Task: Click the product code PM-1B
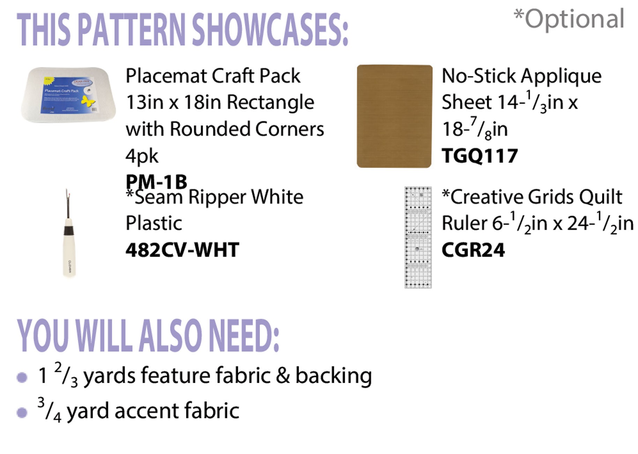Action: [x=156, y=182]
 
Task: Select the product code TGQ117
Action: [x=480, y=156]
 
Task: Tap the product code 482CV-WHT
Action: [x=182, y=250]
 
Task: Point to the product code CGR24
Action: [x=473, y=250]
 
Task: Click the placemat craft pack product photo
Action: [x=68, y=95]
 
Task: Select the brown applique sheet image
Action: [x=394, y=116]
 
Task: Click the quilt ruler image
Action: [x=418, y=237]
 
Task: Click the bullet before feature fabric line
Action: [x=22, y=377]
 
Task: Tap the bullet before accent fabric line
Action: [x=22, y=412]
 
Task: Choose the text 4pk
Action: [x=142, y=156]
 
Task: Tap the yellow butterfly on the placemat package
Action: [x=87, y=101]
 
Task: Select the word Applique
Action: [x=562, y=76]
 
